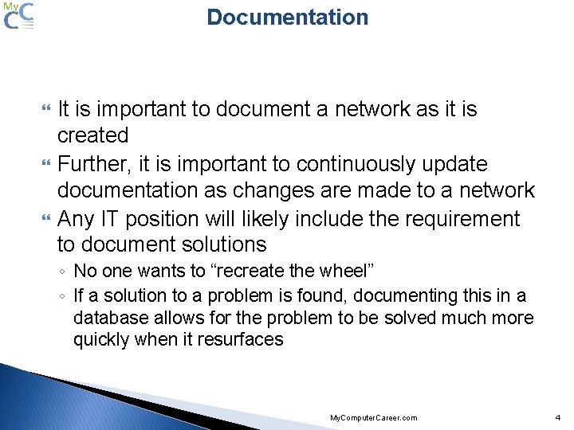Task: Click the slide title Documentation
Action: tap(287, 18)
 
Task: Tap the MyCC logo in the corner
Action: tap(19, 16)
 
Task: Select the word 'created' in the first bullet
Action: tap(92, 135)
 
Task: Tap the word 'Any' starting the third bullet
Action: tap(77, 218)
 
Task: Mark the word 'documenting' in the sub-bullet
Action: tap(403, 295)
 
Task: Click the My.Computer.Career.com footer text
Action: tap(373, 418)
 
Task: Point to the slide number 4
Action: tap(558, 417)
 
